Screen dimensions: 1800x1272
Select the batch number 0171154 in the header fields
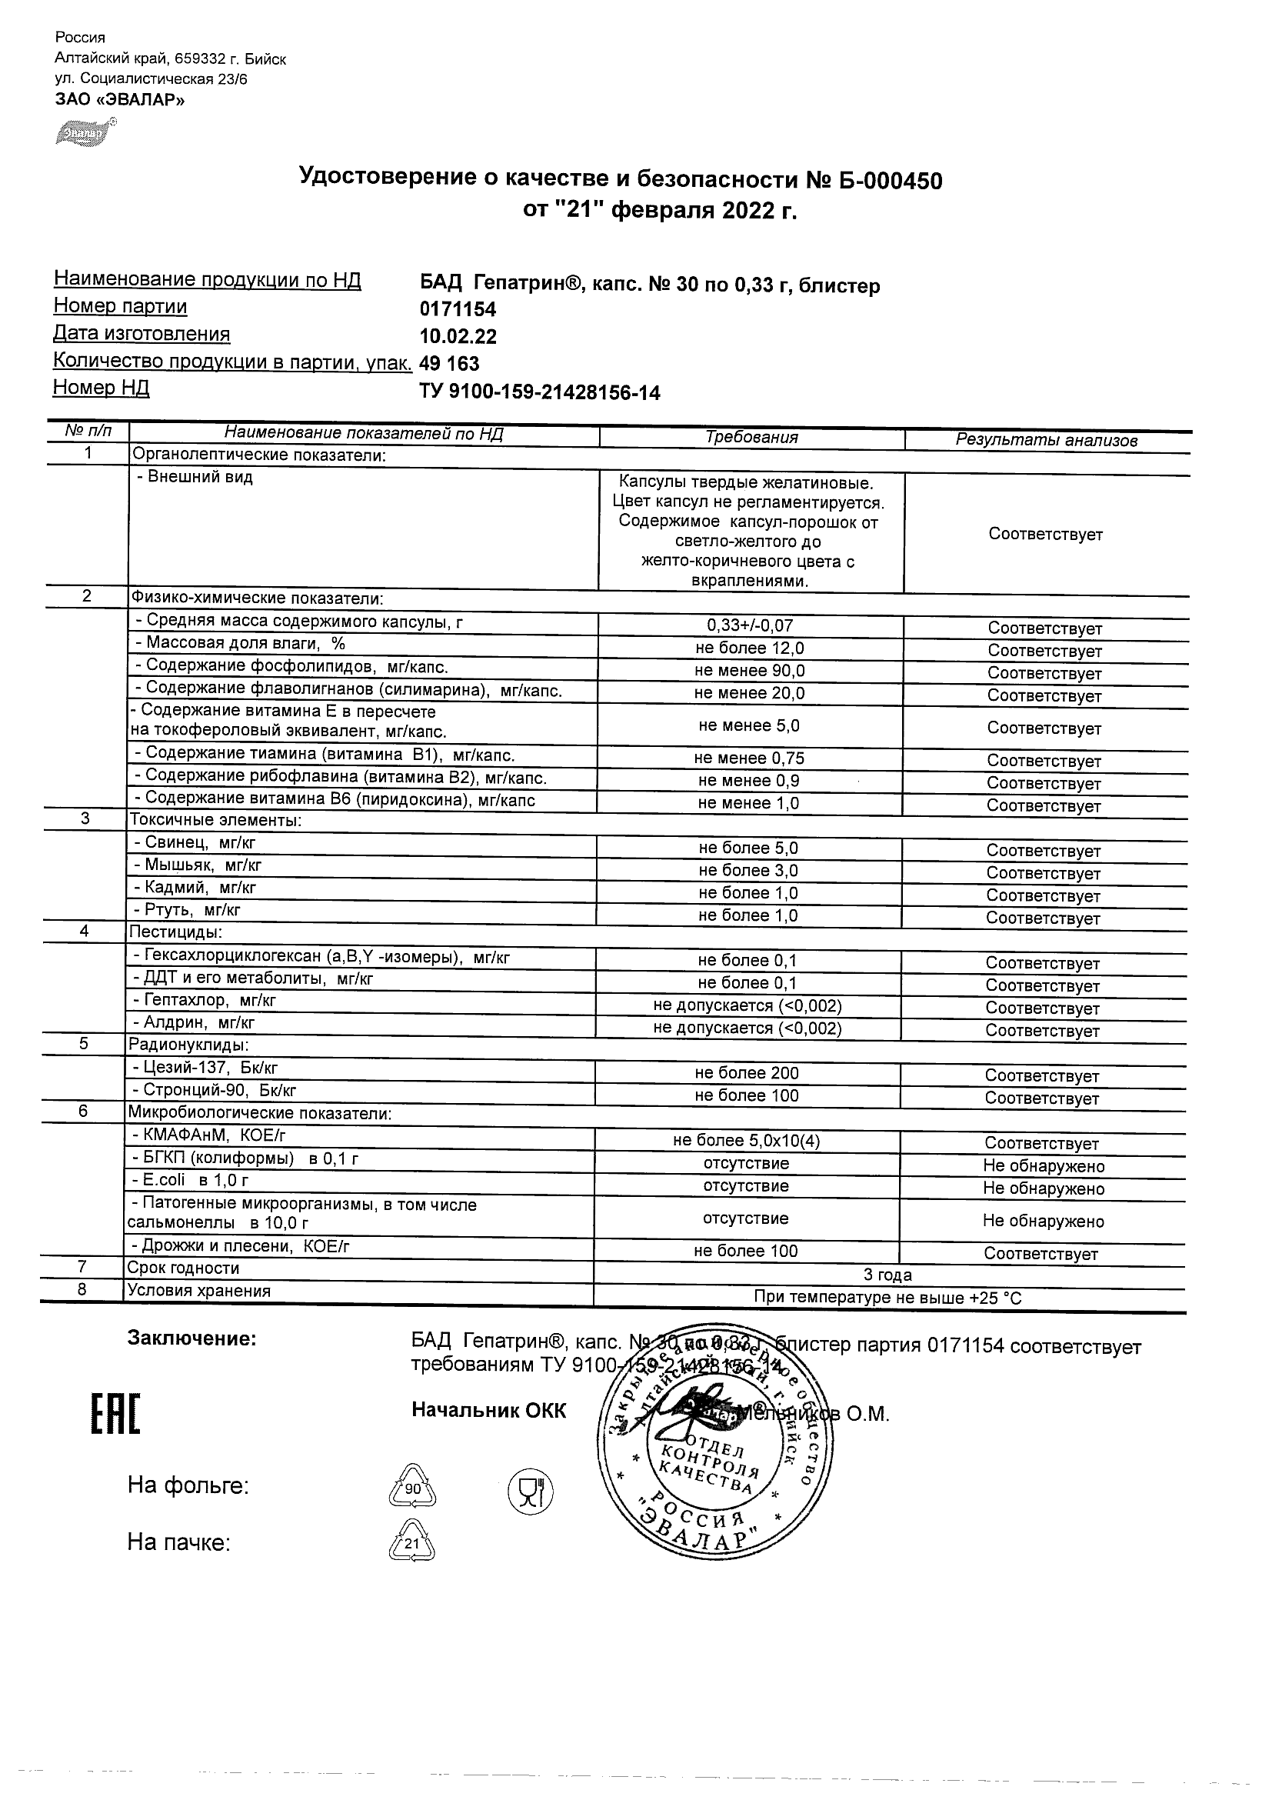click(458, 310)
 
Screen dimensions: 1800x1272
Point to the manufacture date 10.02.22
click(458, 336)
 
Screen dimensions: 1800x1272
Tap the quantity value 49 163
click(449, 364)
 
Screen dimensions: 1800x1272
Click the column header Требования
click(751, 438)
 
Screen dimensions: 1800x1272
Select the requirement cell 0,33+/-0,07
click(749, 625)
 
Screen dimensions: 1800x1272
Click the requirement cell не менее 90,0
click(749, 671)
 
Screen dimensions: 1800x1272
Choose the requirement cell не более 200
click(746, 1073)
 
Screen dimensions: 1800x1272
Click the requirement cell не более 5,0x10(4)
click(746, 1142)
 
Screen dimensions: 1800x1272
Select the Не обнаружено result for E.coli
click(1043, 1188)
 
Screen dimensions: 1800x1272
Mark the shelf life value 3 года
click(887, 1275)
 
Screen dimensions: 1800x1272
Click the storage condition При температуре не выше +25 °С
click(887, 1298)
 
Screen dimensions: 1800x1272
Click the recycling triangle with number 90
click(412, 1487)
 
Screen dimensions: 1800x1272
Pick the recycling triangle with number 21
click(411, 1543)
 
